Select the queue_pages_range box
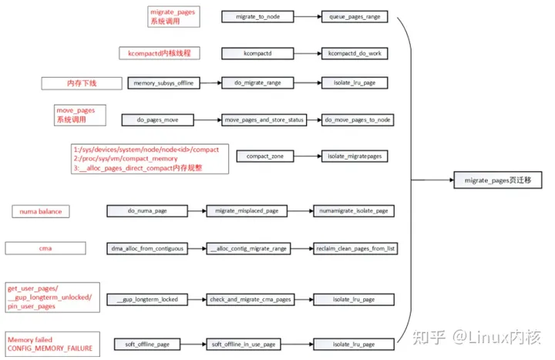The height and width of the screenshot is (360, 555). click(x=355, y=16)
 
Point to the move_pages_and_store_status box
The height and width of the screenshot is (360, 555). click(x=264, y=120)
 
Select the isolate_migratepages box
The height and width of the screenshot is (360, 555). click(x=355, y=157)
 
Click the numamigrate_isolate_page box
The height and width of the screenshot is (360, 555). click(x=354, y=210)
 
